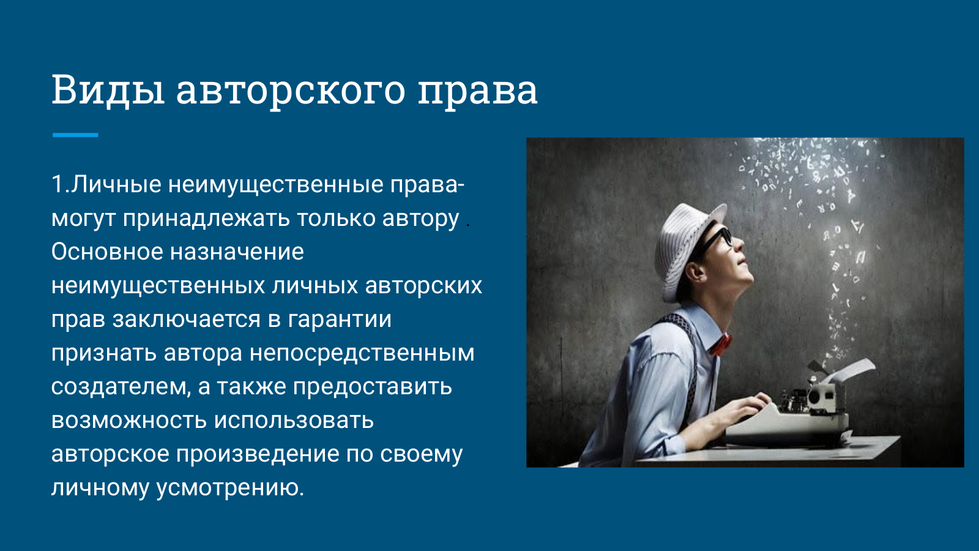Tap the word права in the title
coord(478,92)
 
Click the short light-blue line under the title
coord(75,135)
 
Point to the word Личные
coord(116,184)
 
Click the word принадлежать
coord(206,218)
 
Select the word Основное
coord(107,252)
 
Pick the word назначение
coord(237,252)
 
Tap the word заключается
coord(187,320)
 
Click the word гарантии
coord(340,320)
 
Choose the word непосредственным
coord(362,353)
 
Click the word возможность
coord(129,421)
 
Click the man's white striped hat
coord(685,249)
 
